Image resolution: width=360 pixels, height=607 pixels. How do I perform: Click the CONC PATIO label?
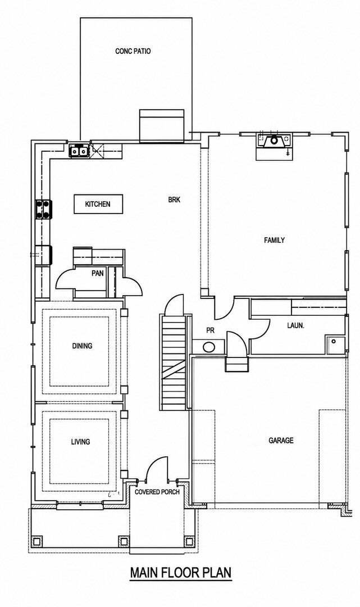(x=133, y=51)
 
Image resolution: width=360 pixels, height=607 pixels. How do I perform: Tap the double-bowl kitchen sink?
(x=79, y=151)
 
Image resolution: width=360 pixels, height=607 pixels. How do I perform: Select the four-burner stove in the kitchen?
(x=44, y=209)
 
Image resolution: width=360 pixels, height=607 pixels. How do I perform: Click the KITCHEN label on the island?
(x=98, y=204)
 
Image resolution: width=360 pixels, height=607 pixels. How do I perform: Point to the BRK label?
(x=174, y=200)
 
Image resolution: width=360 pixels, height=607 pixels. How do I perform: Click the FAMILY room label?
(x=274, y=240)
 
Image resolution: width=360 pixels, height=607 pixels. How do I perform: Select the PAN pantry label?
(x=98, y=273)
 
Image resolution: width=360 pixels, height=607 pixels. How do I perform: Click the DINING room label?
(x=82, y=346)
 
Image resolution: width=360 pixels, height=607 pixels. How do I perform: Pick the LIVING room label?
(x=80, y=441)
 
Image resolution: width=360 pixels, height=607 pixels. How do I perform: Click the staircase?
(x=174, y=362)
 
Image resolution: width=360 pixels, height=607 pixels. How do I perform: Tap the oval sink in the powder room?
(x=209, y=347)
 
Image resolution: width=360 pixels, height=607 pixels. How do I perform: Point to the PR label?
(x=211, y=330)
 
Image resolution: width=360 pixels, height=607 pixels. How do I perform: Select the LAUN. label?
(x=295, y=325)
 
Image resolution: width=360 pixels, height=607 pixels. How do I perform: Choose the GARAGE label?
(x=281, y=440)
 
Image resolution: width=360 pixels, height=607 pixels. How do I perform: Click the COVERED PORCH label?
(x=157, y=492)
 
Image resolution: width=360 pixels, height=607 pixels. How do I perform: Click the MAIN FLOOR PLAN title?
(x=181, y=573)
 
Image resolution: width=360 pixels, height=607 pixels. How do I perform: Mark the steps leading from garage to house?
(x=236, y=364)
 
